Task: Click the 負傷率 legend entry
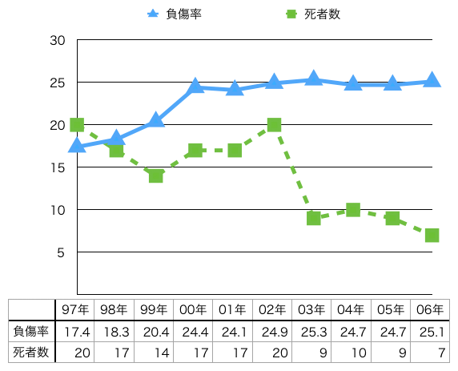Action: [x=175, y=13]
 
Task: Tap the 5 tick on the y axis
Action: [x=60, y=252]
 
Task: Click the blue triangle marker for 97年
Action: [x=77, y=145]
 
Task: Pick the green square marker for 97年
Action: [x=77, y=125]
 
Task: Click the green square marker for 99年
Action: [x=155, y=175]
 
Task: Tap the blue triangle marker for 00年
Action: [x=195, y=87]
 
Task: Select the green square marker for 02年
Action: [x=274, y=125]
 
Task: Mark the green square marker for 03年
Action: [x=314, y=218]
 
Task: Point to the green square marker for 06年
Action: [x=432, y=235]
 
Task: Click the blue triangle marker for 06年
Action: [x=432, y=80]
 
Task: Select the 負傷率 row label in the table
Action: [x=31, y=331]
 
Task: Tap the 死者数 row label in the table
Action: [x=31, y=352]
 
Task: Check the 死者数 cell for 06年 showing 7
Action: [x=432, y=352]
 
